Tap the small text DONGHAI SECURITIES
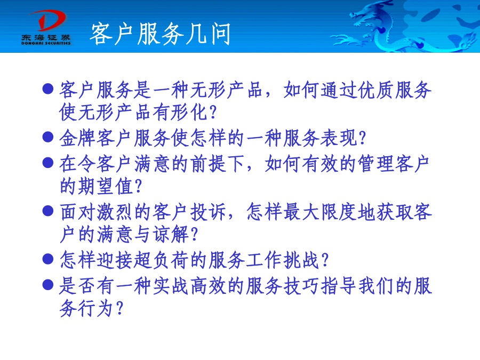pyautogui.click(x=46, y=43)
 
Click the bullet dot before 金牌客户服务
pyautogui.click(x=48, y=137)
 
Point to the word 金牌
pyautogui.click(x=78, y=138)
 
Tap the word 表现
pyautogui.click(x=339, y=138)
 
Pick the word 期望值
pyautogui.click(x=97, y=186)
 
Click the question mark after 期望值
pyautogui.click(x=138, y=187)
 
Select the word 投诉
pyautogui.click(x=208, y=212)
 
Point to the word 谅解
pyautogui.click(x=171, y=235)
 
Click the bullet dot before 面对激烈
pyautogui.click(x=48, y=211)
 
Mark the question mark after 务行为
pyautogui.click(x=119, y=308)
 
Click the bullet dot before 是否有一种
pyautogui.click(x=48, y=285)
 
